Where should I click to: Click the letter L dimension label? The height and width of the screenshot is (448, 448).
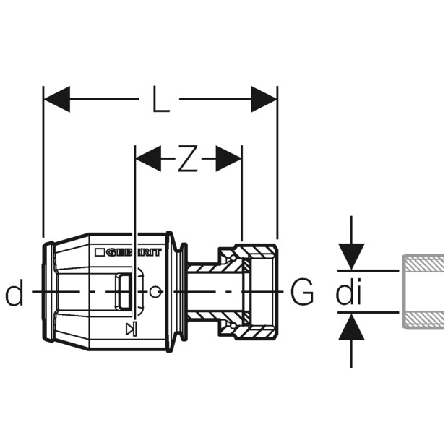(x=161, y=99)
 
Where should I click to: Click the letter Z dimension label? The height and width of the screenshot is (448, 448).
(x=188, y=158)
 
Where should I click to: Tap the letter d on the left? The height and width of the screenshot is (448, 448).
(x=14, y=291)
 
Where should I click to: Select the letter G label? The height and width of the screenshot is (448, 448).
(x=302, y=291)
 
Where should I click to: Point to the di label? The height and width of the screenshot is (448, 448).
(x=348, y=291)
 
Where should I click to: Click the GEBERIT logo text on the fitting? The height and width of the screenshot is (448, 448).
(x=134, y=253)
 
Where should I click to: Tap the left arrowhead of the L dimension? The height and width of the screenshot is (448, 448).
(x=57, y=99)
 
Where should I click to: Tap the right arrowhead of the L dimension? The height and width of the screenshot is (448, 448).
(x=264, y=99)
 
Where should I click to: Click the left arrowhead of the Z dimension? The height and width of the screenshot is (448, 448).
(x=149, y=158)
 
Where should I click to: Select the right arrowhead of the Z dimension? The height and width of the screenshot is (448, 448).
(x=228, y=158)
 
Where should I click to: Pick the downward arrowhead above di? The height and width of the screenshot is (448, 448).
(x=351, y=257)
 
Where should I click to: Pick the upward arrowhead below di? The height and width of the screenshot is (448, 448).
(x=351, y=327)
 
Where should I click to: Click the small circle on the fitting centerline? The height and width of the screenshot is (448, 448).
(x=155, y=291)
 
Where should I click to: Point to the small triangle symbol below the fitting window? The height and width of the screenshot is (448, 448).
(x=131, y=329)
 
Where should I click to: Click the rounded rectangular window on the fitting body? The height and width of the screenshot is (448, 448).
(x=124, y=291)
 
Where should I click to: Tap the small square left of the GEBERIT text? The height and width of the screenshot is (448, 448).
(x=99, y=253)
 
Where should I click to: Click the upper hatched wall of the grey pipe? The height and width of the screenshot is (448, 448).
(x=423, y=262)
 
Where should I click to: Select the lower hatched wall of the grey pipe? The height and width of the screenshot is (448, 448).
(x=423, y=320)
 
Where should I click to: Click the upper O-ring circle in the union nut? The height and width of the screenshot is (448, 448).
(x=233, y=258)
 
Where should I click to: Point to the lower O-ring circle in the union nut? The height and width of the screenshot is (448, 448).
(x=233, y=325)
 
